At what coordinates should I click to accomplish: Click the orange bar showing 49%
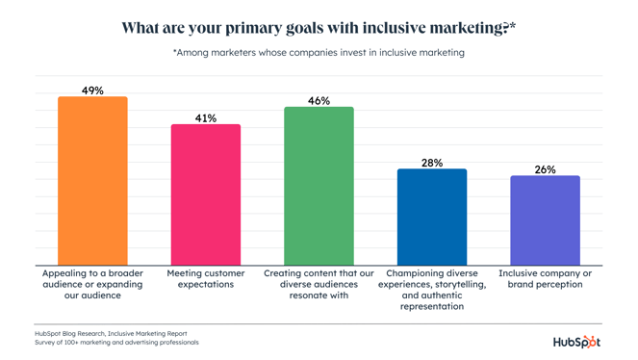click(92, 181)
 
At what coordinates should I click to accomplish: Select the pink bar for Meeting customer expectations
click(206, 194)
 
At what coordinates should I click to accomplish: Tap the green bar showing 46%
click(319, 186)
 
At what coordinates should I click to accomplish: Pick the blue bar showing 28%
click(432, 218)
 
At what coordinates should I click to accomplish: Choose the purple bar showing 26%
click(545, 220)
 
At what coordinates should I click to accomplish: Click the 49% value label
click(92, 90)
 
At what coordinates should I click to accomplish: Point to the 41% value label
click(206, 118)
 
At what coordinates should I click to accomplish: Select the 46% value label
click(319, 101)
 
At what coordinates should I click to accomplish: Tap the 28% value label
click(432, 163)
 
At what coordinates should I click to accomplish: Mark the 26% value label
click(545, 169)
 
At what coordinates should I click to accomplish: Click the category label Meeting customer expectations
click(206, 279)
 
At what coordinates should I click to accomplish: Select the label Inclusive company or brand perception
click(545, 279)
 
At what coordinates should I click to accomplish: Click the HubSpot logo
click(575, 341)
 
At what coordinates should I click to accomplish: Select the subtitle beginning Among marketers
click(319, 53)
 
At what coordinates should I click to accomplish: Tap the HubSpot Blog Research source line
click(111, 333)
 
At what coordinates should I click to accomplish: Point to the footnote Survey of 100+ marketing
click(116, 343)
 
